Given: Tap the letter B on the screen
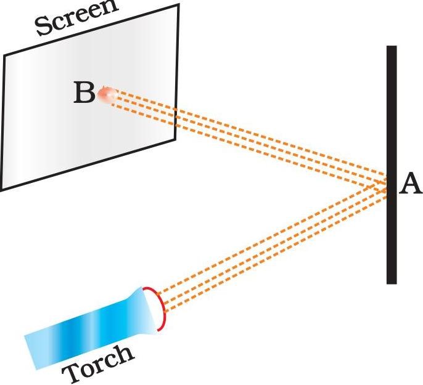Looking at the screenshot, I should point(84,94).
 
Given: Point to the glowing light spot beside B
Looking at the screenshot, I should point(107,95).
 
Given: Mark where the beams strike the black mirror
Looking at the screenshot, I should point(388,185).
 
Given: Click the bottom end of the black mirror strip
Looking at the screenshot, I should point(391,282).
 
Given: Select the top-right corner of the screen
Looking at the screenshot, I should point(179,5).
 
